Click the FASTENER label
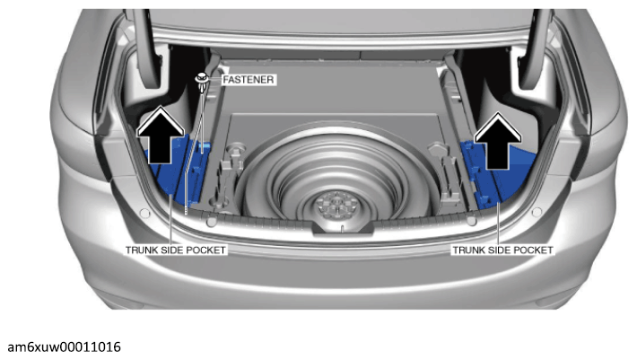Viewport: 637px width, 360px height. (x=249, y=80)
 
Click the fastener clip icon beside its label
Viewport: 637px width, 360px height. (x=202, y=82)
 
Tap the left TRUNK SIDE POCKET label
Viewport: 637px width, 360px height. (x=176, y=250)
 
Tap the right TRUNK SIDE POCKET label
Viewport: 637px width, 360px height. (x=503, y=250)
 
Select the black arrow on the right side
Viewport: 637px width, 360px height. (x=498, y=141)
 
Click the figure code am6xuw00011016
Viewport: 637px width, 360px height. (x=65, y=347)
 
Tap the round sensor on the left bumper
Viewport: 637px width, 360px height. (x=144, y=213)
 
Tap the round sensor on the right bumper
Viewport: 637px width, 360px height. (x=537, y=212)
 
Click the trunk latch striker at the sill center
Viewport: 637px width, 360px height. (x=343, y=227)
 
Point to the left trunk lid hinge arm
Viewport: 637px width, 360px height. (x=147, y=48)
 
